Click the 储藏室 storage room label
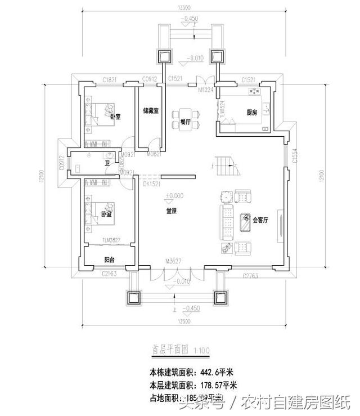[150, 111]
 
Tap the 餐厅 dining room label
[184, 122]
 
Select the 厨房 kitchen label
[251, 113]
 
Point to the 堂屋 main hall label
[172, 211]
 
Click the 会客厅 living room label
[260, 220]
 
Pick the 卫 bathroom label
[107, 164]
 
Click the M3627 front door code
[174, 261]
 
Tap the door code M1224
[205, 90]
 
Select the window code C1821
[109, 80]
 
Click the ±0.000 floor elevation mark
[174, 196]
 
